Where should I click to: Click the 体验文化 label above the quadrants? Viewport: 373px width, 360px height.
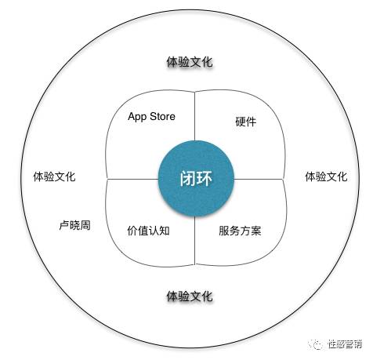190,62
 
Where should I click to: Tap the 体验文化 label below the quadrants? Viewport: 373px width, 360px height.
190,296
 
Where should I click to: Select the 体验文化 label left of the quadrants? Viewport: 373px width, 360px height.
54,176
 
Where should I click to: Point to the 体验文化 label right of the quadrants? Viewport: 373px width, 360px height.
327,176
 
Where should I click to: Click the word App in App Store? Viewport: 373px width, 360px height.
137,117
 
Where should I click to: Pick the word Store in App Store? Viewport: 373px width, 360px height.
162,116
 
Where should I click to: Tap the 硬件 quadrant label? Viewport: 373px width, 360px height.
246,122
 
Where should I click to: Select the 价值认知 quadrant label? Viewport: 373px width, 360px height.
148,231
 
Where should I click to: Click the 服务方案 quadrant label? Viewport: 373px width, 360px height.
240,231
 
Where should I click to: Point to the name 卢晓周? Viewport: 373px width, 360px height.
75,225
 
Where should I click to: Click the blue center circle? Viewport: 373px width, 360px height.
196,179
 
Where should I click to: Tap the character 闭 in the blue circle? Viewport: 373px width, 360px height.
188,179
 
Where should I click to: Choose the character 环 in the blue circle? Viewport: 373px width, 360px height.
205,179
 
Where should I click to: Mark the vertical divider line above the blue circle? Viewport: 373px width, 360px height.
195,116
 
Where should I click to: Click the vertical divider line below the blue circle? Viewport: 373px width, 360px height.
195,241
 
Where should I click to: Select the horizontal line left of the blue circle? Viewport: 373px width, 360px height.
133,179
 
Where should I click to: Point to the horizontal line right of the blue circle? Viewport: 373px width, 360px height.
259,179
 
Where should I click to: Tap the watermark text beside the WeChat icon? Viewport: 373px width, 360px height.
345,344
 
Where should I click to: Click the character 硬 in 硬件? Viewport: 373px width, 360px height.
241,122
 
